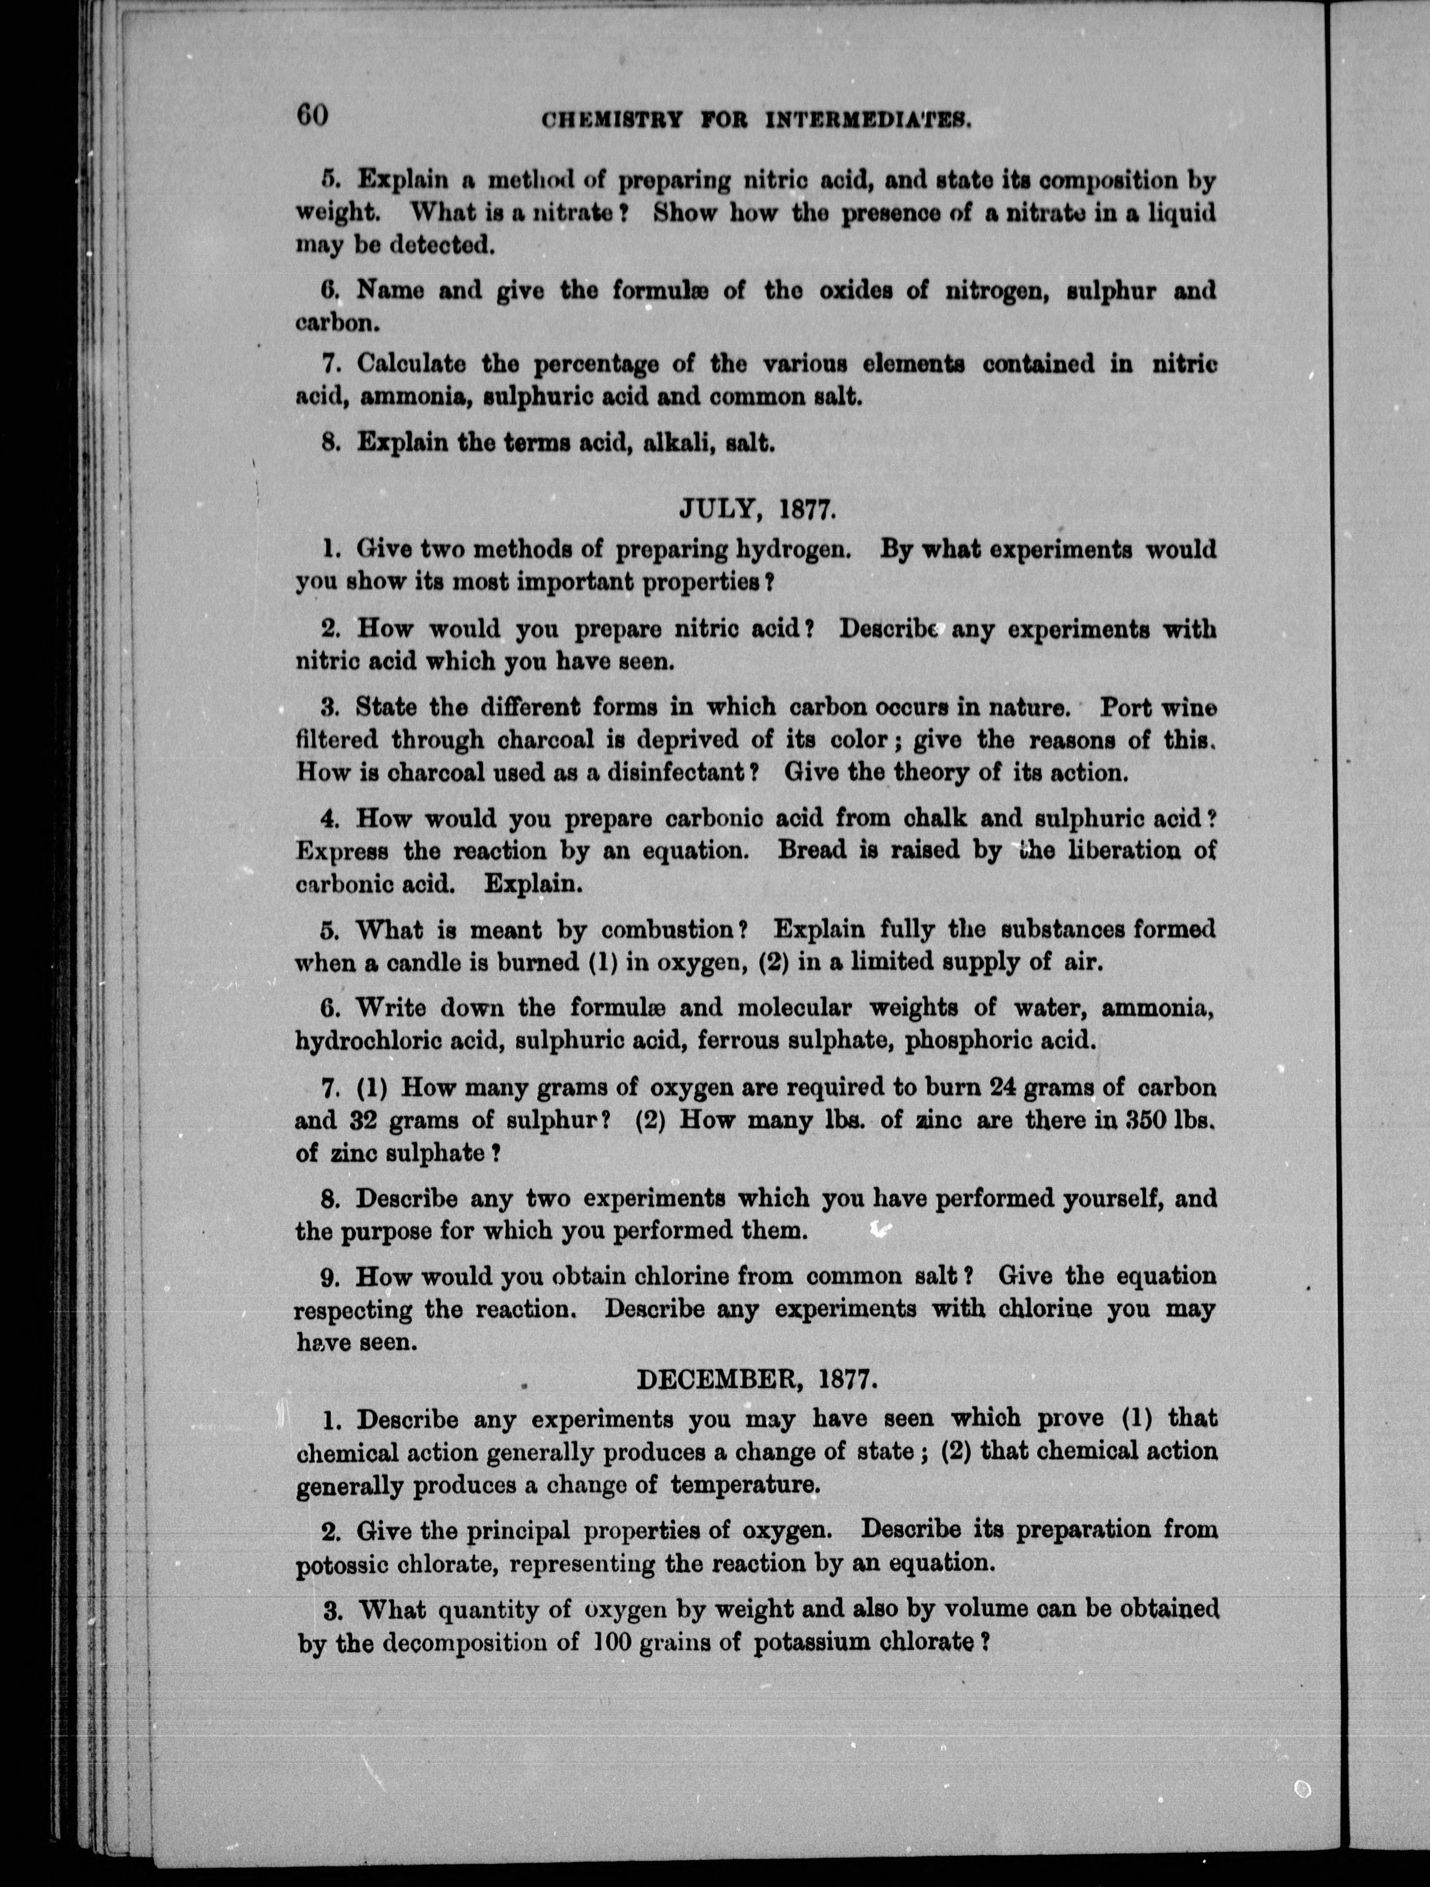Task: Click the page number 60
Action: click(x=312, y=114)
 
